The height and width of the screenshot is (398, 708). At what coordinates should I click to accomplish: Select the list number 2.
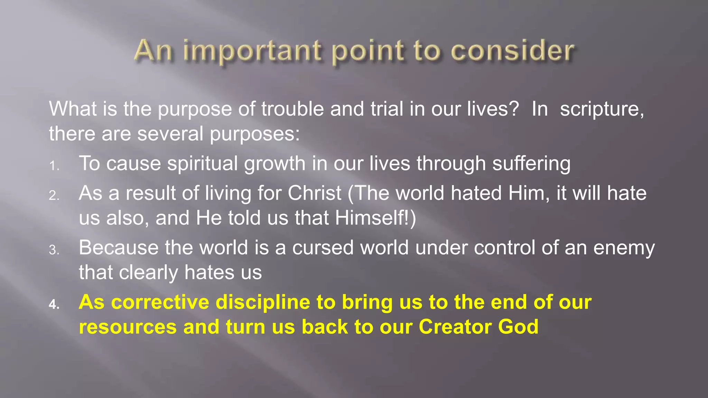click(x=54, y=196)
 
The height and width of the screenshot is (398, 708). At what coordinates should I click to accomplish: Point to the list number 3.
click(x=54, y=250)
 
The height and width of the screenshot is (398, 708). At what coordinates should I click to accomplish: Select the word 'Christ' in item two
click(x=314, y=193)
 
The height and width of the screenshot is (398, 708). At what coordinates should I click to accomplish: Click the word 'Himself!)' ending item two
click(x=375, y=218)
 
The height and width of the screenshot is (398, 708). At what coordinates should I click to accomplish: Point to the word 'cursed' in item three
click(x=323, y=248)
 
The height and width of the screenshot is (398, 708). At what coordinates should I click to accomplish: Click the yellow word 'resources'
click(x=128, y=327)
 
